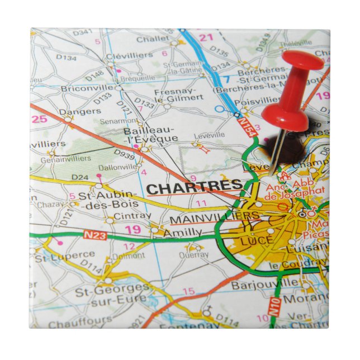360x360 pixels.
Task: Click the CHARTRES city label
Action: coord(194,186)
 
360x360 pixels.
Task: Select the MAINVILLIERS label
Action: coord(214,216)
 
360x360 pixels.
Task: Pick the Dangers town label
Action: coord(73,111)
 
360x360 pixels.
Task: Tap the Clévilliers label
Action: coord(129,55)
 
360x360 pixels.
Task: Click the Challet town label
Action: coord(152,39)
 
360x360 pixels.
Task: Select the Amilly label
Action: coord(182,232)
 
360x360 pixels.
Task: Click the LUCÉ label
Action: coord(256,240)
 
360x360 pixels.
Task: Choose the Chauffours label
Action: coord(72,324)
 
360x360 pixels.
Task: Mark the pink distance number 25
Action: coord(39,119)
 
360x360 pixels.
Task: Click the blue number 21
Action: coord(207,37)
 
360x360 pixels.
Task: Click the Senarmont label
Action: coord(118,121)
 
